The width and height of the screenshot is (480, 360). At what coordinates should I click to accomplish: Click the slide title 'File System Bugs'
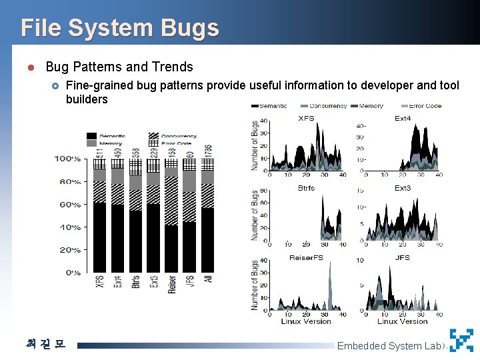119,28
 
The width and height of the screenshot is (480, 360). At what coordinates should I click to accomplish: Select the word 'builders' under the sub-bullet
87,99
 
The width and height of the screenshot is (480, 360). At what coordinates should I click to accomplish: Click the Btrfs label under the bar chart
136,283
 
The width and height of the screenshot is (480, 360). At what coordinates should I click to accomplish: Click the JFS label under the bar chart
190,283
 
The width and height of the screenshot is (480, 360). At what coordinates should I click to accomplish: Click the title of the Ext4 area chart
402,118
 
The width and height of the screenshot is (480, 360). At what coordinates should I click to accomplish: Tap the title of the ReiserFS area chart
306,257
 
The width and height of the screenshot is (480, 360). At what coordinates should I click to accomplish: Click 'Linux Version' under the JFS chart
401,321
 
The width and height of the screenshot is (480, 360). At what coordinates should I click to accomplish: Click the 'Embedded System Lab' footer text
389,346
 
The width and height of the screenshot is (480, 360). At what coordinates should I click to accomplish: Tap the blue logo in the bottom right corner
461,340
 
